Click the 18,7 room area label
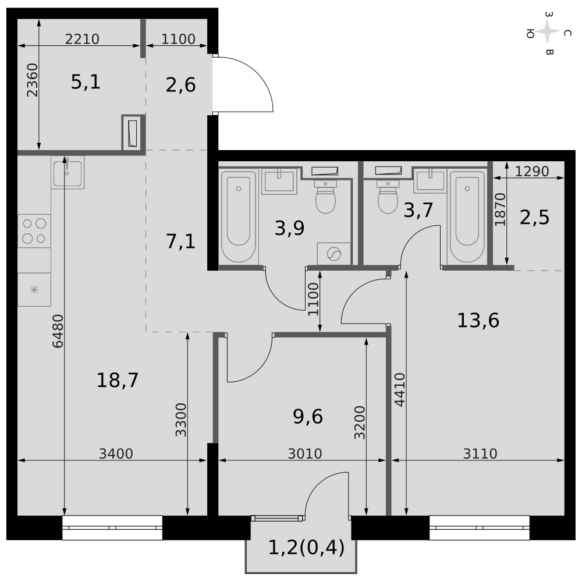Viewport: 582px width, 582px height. pos(118,381)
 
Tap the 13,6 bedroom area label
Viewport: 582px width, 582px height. pos(478,320)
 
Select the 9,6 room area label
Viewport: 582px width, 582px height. pos(308,417)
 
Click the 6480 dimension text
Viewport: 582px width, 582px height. pos(58,331)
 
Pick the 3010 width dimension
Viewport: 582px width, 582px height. pos(305,453)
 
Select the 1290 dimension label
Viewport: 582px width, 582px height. pos(532,171)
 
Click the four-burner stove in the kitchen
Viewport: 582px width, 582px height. pos(34,231)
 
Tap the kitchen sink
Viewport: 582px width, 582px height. pos(68,172)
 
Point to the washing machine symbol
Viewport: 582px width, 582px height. pos(334,254)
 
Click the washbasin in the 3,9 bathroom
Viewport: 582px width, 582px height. pos(279,181)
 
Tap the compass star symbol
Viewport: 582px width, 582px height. pos(548,32)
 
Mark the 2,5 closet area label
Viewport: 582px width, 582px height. pos(534,218)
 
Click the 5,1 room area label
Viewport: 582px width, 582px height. pos(86,82)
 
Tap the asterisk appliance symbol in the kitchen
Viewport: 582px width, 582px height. pos(34,289)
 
